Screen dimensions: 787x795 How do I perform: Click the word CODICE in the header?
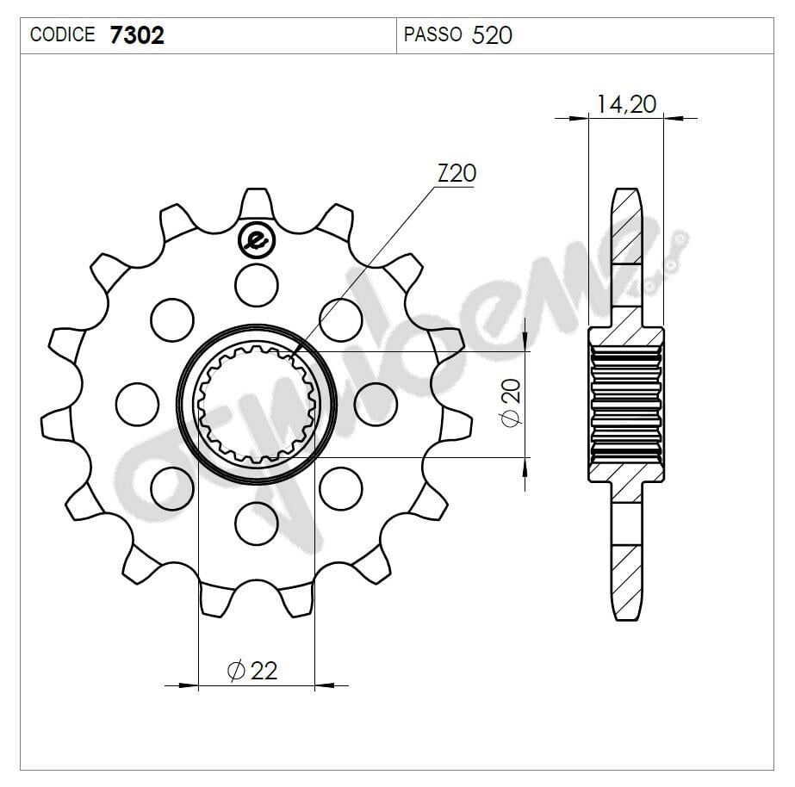(62, 35)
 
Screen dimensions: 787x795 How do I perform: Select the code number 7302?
(137, 35)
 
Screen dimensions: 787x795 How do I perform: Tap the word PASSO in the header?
(432, 35)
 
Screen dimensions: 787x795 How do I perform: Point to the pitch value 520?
(492, 35)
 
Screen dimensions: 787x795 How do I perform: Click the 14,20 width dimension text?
(626, 104)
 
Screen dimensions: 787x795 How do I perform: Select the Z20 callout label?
(456, 173)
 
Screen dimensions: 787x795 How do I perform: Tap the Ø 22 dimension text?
(252, 670)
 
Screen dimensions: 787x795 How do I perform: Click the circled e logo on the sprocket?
(256, 240)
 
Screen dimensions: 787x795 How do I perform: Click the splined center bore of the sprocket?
(256, 402)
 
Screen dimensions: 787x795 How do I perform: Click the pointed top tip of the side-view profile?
(626, 189)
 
